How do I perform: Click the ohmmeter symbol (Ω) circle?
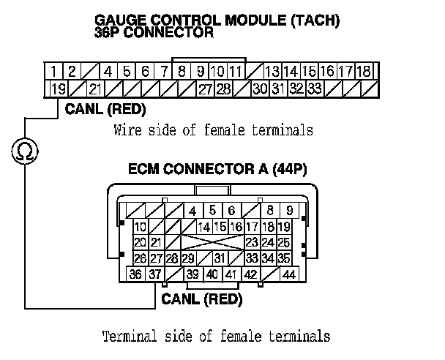24,152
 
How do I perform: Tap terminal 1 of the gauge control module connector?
54,72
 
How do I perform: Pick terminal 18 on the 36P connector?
364,72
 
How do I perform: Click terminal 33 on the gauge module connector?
314,89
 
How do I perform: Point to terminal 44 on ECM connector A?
288,274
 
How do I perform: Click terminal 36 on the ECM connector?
136,274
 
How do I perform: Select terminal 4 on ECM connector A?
193,211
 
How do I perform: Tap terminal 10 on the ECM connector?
140,227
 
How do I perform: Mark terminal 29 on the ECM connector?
188,258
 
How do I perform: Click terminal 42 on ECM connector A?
250,274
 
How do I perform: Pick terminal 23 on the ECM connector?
252,242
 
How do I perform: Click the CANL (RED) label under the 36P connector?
105,110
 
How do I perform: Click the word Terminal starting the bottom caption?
127,337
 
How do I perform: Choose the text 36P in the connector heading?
108,33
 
